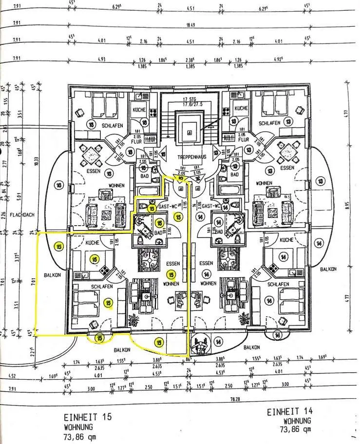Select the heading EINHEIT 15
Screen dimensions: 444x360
pos(88,417)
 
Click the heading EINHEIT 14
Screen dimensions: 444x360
pos(289,412)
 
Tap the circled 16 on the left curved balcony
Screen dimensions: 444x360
pos(59,185)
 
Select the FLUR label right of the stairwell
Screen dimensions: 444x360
pos(243,138)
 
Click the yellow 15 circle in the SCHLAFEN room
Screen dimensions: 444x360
pos(108,303)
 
